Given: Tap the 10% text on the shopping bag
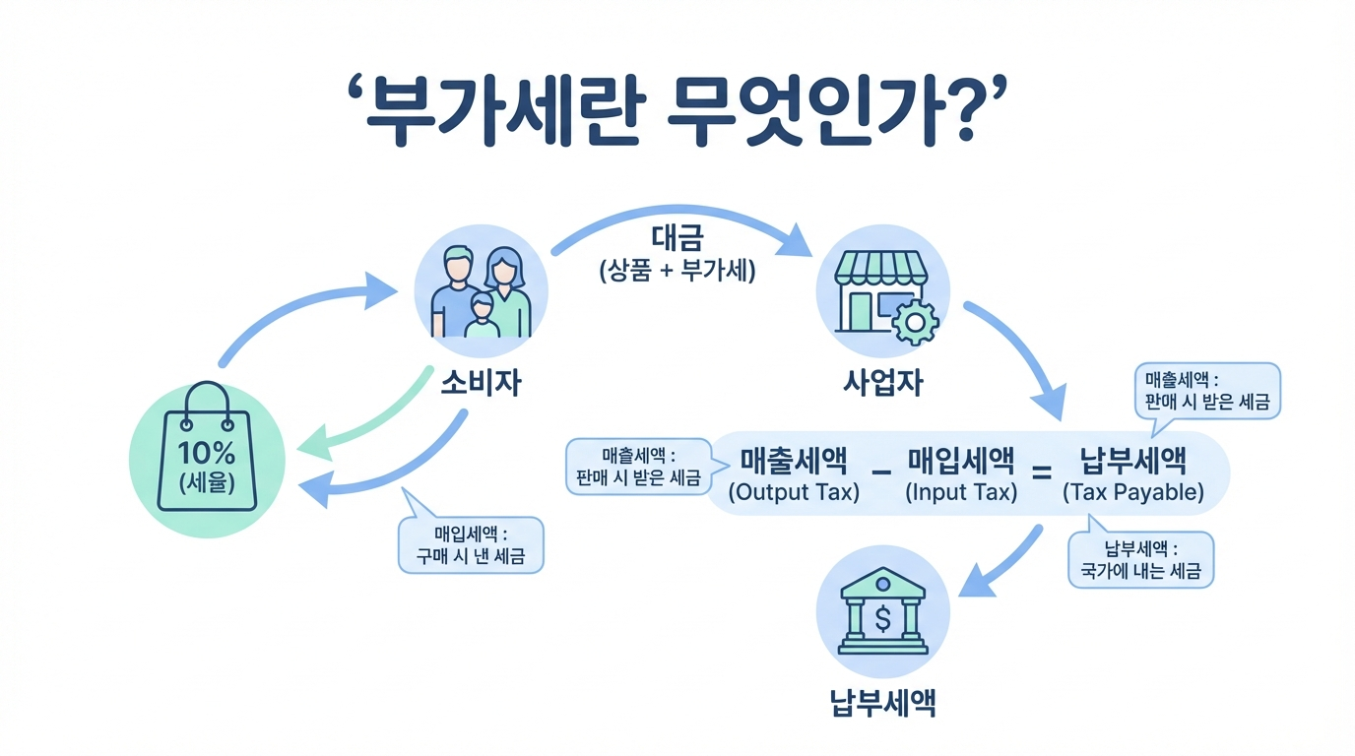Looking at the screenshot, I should click(x=207, y=453).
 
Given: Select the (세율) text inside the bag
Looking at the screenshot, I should click(x=207, y=484).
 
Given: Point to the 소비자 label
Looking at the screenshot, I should click(x=481, y=382).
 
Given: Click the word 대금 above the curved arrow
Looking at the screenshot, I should click(x=677, y=240).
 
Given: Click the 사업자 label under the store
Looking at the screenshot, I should click(x=883, y=382).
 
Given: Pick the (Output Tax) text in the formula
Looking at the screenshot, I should click(x=794, y=492).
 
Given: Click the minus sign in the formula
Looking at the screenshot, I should click(x=881, y=473).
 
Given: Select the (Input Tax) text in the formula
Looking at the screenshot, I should click(x=961, y=492).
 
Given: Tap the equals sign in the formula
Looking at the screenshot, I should click(x=1041, y=473).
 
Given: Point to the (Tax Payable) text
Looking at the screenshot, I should click(x=1133, y=492).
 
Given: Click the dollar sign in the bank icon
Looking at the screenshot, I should click(x=883, y=618).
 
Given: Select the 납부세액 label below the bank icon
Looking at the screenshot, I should click(x=883, y=703).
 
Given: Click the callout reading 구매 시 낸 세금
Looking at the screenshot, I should click(x=470, y=545).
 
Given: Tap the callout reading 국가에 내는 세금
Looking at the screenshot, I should click(x=1140, y=561).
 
